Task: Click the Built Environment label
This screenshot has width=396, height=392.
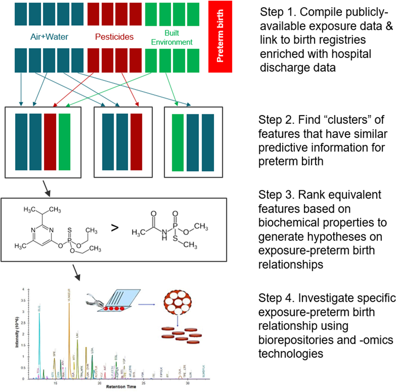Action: [x=172, y=37]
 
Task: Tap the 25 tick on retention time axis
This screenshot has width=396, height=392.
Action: [x=143, y=382]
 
